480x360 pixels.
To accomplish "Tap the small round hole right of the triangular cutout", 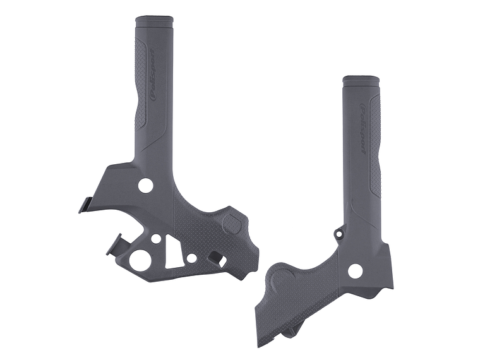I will click(x=190, y=258).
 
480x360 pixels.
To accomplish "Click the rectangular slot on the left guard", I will click(x=215, y=258).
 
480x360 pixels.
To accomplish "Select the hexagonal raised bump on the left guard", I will click(x=232, y=224).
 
